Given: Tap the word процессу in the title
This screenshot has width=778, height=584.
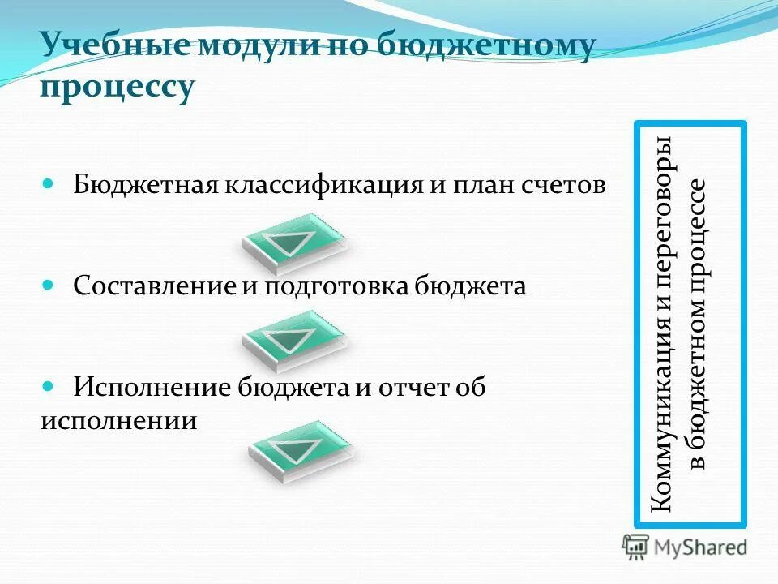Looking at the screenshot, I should (118, 87).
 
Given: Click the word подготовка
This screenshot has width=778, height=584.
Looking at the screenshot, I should (336, 286).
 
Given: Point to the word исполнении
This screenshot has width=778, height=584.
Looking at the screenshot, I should (118, 421).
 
